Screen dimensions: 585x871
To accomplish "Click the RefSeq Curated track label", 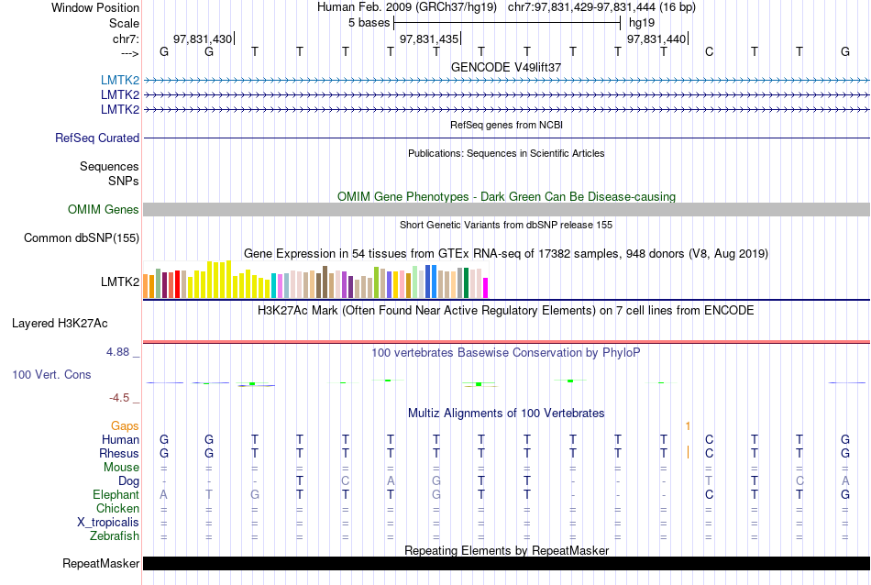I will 97,138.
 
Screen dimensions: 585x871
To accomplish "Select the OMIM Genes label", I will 104,210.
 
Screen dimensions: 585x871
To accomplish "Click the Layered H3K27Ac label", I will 60,323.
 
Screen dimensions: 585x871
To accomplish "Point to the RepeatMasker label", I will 101,563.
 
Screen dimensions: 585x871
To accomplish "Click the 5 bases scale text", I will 369,21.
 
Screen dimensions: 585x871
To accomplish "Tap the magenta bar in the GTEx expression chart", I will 486,287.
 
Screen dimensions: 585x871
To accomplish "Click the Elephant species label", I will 116,495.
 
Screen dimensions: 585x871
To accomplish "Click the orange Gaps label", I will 126,426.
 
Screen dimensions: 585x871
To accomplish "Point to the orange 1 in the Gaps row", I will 688,426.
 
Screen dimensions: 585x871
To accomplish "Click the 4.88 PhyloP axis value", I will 122,351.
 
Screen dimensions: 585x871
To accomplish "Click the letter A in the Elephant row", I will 164,495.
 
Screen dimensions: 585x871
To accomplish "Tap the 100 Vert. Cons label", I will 51,375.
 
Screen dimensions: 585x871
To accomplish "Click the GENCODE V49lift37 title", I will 506,68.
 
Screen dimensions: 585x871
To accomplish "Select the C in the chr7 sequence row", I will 709,51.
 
